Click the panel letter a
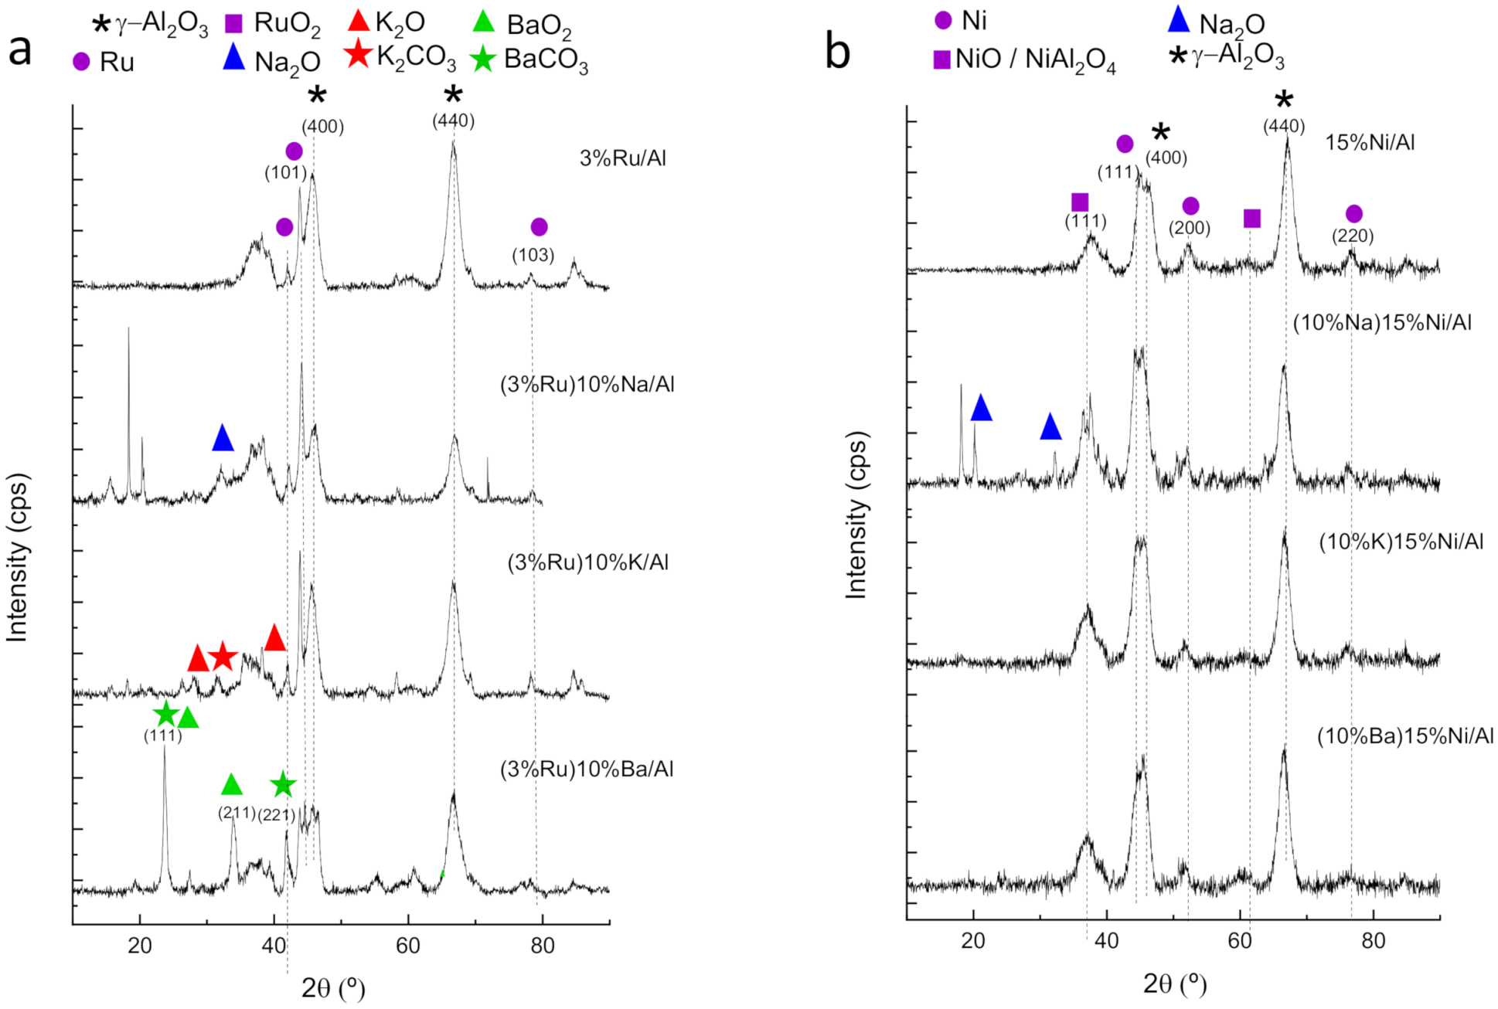click(x=19, y=51)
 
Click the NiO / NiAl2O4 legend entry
click(x=1024, y=59)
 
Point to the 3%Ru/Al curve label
click(x=622, y=158)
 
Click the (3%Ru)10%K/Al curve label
click(x=587, y=562)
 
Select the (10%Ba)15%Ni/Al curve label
click(x=1404, y=736)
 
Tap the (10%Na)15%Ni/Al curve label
click(x=1382, y=322)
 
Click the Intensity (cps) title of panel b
click(x=856, y=515)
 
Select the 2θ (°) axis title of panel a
click(x=333, y=987)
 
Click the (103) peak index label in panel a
click(x=533, y=255)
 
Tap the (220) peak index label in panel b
click(x=1353, y=236)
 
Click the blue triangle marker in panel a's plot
click(x=223, y=438)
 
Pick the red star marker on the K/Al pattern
click(x=223, y=657)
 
